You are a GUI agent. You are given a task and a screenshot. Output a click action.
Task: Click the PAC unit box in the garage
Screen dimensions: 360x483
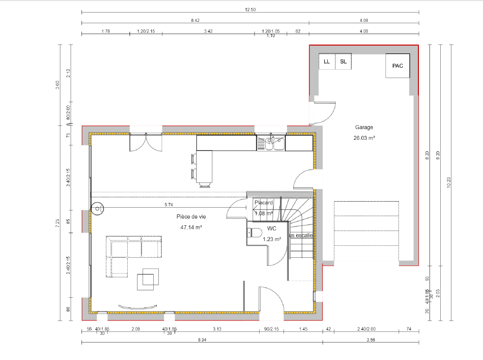click(x=398, y=65)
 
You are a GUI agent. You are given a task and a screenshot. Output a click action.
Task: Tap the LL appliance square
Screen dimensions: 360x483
click(x=326, y=61)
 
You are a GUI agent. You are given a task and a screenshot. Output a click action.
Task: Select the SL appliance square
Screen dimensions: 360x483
click(x=343, y=61)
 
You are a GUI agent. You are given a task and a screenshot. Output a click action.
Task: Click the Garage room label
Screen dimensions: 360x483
click(x=364, y=127)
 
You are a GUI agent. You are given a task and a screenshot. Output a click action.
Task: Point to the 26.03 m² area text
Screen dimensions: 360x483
click(x=364, y=138)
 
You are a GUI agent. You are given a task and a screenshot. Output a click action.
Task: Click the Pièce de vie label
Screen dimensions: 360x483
click(x=191, y=217)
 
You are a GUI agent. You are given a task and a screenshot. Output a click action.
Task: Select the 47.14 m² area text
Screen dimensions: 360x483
click(x=191, y=228)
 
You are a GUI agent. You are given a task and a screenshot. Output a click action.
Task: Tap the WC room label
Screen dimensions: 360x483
click(x=272, y=229)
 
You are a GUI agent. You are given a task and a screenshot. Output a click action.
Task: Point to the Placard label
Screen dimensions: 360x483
click(x=263, y=203)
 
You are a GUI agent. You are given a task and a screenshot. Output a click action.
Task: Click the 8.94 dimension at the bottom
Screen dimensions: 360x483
click(x=202, y=340)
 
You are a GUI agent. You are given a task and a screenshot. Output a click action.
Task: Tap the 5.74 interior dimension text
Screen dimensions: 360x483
click(x=169, y=204)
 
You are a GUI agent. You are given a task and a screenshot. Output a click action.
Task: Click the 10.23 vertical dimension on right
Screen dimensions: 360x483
click(x=449, y=182)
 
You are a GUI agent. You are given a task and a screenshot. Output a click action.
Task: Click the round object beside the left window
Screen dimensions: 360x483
click(x=97, y=209)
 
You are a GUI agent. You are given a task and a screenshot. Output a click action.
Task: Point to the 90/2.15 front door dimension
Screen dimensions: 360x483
click(x=271, y=329)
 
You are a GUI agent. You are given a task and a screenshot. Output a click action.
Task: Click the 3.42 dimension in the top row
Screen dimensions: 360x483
click(x=208, y=31)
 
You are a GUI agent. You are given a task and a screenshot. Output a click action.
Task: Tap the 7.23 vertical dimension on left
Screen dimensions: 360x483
click(x=58, y=223)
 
